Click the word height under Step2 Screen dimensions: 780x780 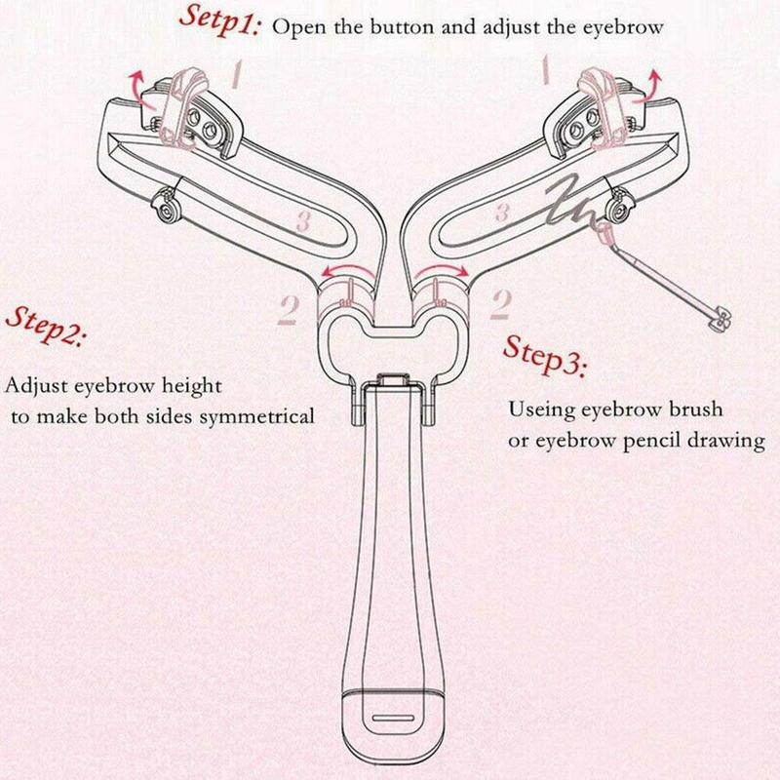(x=191, y=387)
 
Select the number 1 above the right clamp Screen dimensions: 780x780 (x=547, y=70)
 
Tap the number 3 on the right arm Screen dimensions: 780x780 (x=501, y=211)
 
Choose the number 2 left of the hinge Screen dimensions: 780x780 (x=287, y=308)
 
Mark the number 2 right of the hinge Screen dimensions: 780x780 (x=501, y=305)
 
